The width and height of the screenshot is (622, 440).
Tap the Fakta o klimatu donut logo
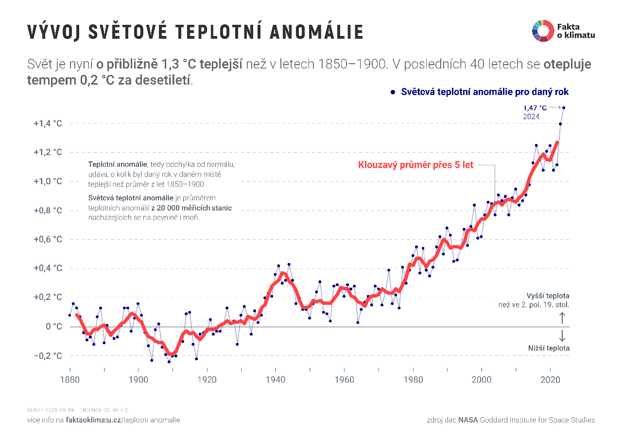543,31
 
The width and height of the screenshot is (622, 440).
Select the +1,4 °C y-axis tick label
48,123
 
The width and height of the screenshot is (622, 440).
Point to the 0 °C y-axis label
54,326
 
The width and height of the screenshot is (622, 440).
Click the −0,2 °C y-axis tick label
48,355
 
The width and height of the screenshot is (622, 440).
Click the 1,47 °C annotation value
535,107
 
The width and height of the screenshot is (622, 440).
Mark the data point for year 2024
564,108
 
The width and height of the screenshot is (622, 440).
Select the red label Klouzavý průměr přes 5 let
415,165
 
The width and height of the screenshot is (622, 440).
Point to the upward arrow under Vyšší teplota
562,318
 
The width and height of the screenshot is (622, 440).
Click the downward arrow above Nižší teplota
562,335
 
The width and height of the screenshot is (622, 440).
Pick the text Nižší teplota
549,348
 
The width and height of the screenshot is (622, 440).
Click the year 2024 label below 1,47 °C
531,117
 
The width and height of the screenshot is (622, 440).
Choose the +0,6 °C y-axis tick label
48,239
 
